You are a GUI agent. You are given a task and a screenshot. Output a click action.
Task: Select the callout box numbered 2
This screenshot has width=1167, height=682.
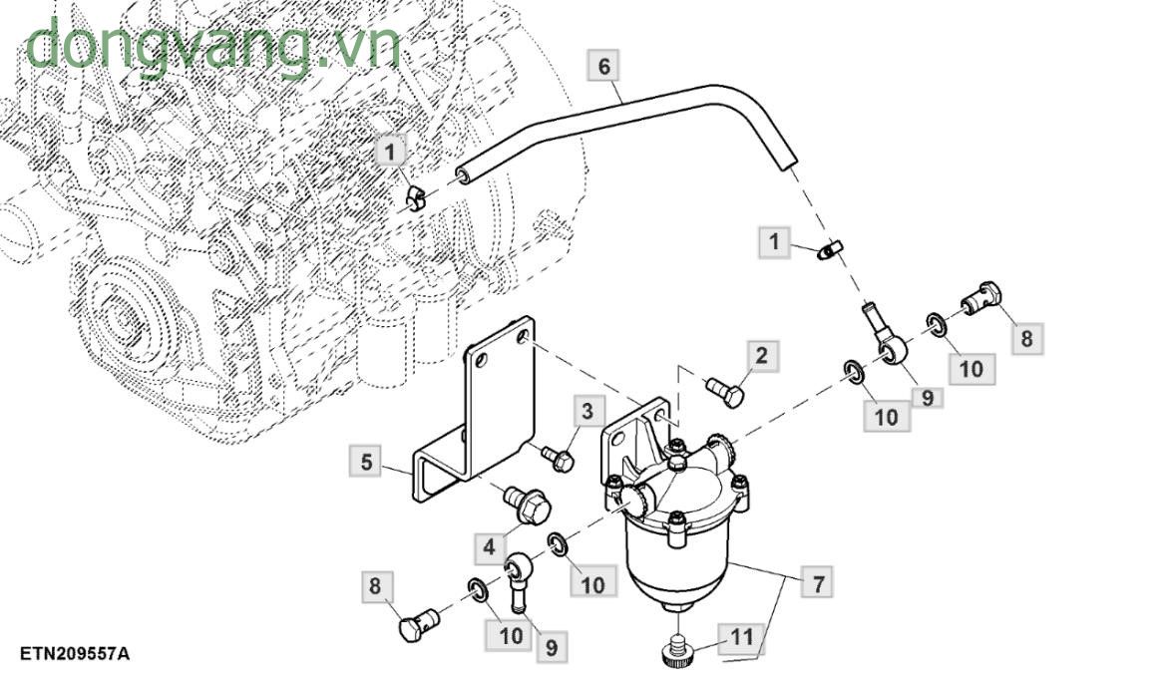761,356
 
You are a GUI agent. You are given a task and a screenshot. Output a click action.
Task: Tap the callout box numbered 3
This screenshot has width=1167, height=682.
587,411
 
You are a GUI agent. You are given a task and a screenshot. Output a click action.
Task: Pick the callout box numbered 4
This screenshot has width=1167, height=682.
490,546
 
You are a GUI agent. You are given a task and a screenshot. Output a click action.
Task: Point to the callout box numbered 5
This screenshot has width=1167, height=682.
366,463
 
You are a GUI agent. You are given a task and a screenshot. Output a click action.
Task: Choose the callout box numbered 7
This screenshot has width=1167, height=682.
818,583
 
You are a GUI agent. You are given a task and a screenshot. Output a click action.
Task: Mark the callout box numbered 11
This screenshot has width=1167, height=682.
742,636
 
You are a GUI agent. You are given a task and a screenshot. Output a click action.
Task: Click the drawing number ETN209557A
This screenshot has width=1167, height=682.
75,654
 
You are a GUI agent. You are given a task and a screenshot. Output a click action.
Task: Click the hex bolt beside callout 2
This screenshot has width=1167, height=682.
725,392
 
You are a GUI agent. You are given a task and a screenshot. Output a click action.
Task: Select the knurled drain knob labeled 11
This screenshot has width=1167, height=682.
679,647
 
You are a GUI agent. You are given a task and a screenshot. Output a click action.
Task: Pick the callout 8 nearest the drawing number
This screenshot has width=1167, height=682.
375,586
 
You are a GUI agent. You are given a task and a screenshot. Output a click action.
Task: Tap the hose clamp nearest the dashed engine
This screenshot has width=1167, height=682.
417,197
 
